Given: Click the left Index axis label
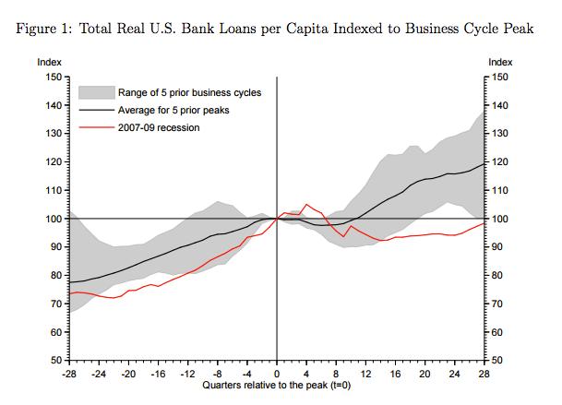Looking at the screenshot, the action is click(x=49, y=62).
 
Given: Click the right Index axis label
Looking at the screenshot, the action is click(x=500, y=62).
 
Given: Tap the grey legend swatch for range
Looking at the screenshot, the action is click(x=97, y=92).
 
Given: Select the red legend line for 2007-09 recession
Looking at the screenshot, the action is click(x=97, y=127).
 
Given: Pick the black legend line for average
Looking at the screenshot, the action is click(x=97, y=110).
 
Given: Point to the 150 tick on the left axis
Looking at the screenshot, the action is click(x=53, y=77).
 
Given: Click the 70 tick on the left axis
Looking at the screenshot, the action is click(x=55, y=304).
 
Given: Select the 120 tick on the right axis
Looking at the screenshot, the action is click(x=499, y=162).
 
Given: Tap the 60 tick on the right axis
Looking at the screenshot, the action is click(x=497, y=332).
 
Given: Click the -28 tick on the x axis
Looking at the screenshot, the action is click(x=69, y=375).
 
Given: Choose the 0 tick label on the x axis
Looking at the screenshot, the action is click(x=277, y=375).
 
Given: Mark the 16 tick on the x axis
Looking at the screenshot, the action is click(x=395, y=375).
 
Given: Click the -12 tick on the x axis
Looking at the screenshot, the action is click(x=187, y=375).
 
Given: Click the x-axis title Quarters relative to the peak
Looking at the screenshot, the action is click(x=277, y=386).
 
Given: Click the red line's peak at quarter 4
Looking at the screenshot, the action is click(x=306, y=204).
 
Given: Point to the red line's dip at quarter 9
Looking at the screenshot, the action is click(x=343, y=236).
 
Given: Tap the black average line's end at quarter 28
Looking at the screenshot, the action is click(x=484, y=164).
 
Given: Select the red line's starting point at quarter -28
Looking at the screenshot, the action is click(x=69, y=293).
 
